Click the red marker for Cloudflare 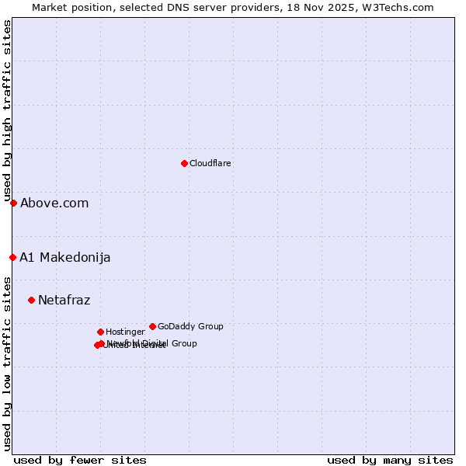184,163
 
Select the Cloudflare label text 210,164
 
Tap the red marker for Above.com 13,203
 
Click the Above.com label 54,203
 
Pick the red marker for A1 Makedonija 12,257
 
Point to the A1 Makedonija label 65,258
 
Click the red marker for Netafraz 31,300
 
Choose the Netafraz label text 64,301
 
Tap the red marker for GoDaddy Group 152,326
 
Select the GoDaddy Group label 190,327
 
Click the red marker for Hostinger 100,332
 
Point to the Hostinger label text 125,332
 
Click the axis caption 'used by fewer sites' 80,460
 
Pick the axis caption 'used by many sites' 390,460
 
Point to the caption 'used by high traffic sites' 7,110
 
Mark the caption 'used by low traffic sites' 7,363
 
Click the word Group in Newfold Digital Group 183,343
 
